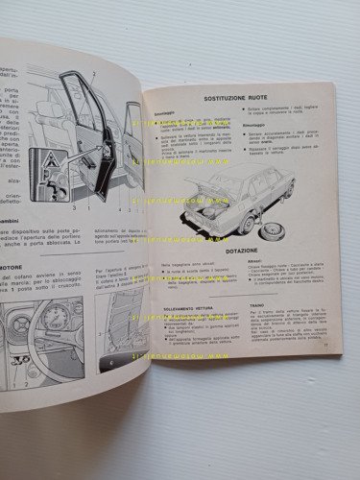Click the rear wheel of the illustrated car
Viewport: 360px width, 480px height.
[x=263, y=213]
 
